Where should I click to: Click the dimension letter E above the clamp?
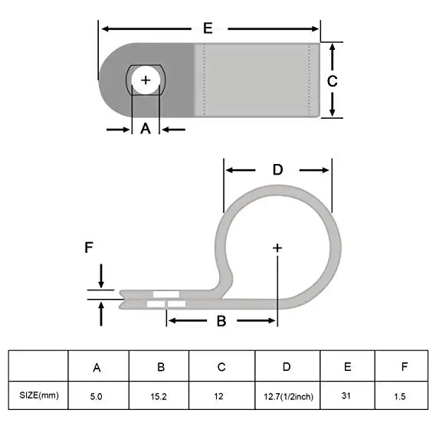pos(208,28)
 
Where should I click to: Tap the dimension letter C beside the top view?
pos(332,81)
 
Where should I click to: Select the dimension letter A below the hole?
pos(146,129)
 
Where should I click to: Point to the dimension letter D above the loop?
pos(277,169)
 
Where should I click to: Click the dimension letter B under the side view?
pos(221,321)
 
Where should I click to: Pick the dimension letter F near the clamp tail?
pos(88,248)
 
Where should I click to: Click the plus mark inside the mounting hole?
pos(146,80)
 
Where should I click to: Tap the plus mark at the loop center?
pos(277,248)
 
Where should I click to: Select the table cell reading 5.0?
pos(97,396)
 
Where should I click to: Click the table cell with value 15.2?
pos(159,396)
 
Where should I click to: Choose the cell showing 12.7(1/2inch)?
pos(288,396)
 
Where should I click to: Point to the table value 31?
pos(346,395)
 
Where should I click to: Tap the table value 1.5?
pos(399,396)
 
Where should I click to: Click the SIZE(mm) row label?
pos(39,395)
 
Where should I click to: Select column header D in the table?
pos(287,367)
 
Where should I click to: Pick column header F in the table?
pos(405,366)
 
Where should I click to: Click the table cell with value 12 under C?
pos(218,396)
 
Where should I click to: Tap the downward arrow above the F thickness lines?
pos(101,276)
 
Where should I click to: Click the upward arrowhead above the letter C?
pos(333,48)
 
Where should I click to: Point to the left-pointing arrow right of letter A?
pos(174,129)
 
